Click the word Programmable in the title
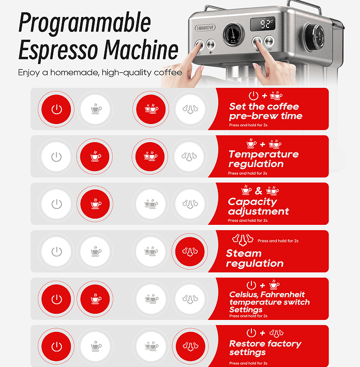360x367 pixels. click(84, 23)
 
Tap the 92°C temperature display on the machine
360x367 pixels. click(263, 24)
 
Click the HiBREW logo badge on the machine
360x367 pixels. click(205, 28)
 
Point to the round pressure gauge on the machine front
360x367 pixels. click(233, 34)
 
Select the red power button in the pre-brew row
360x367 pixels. click(56, 109)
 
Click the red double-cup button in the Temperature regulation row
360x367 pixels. click(150, 156)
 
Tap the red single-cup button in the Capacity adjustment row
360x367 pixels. click(95, 204)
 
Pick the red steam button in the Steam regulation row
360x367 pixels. click(190, 251)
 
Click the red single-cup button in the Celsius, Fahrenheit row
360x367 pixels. click(95, 299)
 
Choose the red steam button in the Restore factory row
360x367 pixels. click(190, 346)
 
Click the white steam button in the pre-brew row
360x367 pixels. click(190, 109)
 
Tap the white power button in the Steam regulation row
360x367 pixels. click(56, 251)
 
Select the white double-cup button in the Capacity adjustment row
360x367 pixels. click(151, 204)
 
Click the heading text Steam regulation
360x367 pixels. click(254, 258)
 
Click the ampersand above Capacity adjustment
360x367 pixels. click(259, 191)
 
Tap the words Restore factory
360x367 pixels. click(265, 344)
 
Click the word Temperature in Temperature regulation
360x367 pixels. click(263, 154)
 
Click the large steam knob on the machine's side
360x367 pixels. click(315, 36)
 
